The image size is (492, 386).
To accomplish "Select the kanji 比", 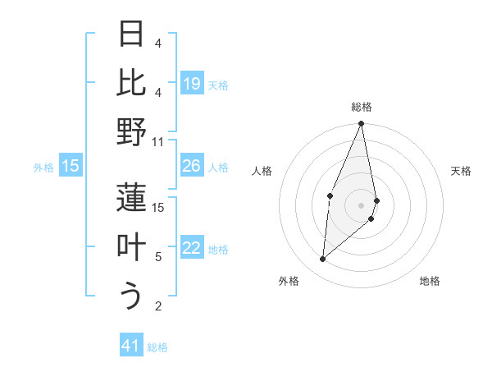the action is pos(132,83).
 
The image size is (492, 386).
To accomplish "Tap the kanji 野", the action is pos(132,132).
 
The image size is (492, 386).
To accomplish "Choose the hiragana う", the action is pos(132,296).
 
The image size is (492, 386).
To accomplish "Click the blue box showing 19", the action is pos(192,83).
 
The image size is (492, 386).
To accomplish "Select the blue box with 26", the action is pos(192,166).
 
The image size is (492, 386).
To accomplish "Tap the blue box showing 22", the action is pos(192,249).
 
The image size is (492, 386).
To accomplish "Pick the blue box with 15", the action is pos(71,166).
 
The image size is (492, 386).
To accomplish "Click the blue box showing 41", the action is pos(132,346).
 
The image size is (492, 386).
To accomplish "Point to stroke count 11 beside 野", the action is pos(158,141).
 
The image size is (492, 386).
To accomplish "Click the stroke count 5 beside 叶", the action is pos(158,257).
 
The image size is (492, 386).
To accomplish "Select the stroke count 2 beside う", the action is pos(158,306).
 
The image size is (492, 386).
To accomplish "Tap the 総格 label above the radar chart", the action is pos(362,107).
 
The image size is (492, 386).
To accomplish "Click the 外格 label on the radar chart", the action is pos(288,281).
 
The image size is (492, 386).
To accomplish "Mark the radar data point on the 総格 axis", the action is pos(361,124).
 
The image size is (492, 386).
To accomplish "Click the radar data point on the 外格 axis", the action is pos(323,260).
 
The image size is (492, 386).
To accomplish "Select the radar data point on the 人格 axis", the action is pos(330,195).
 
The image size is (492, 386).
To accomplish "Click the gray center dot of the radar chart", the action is pos(361,204).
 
